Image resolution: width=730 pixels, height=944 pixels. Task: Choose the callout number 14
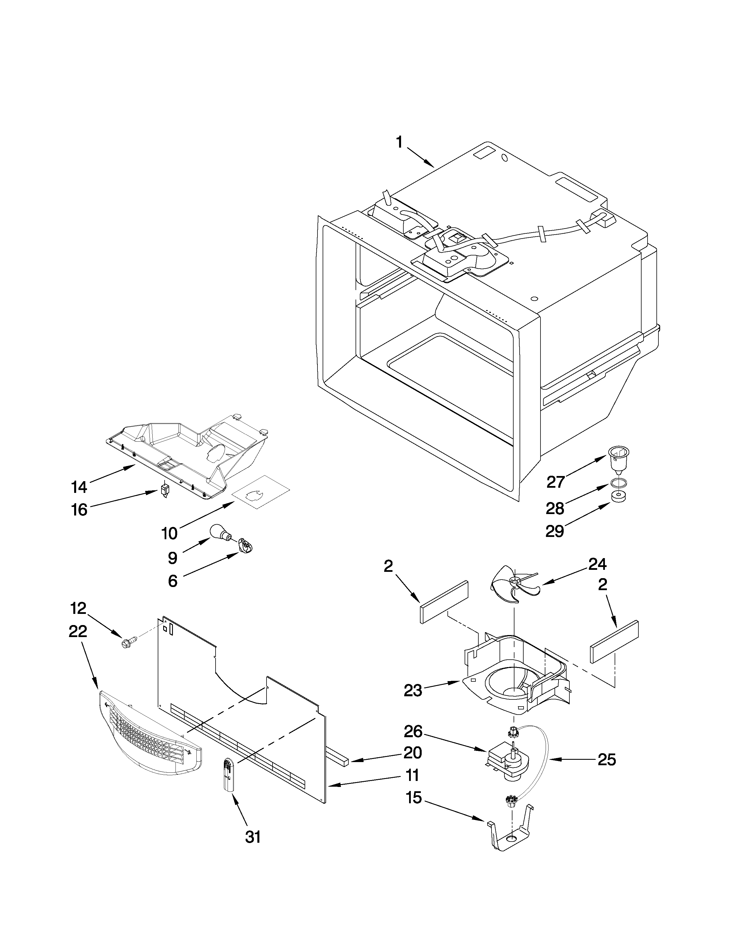[x=79, y=487]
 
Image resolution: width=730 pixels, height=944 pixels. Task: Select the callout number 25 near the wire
[x=606, y=760]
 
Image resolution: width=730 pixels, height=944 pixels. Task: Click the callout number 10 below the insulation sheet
[x=169, y=534]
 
